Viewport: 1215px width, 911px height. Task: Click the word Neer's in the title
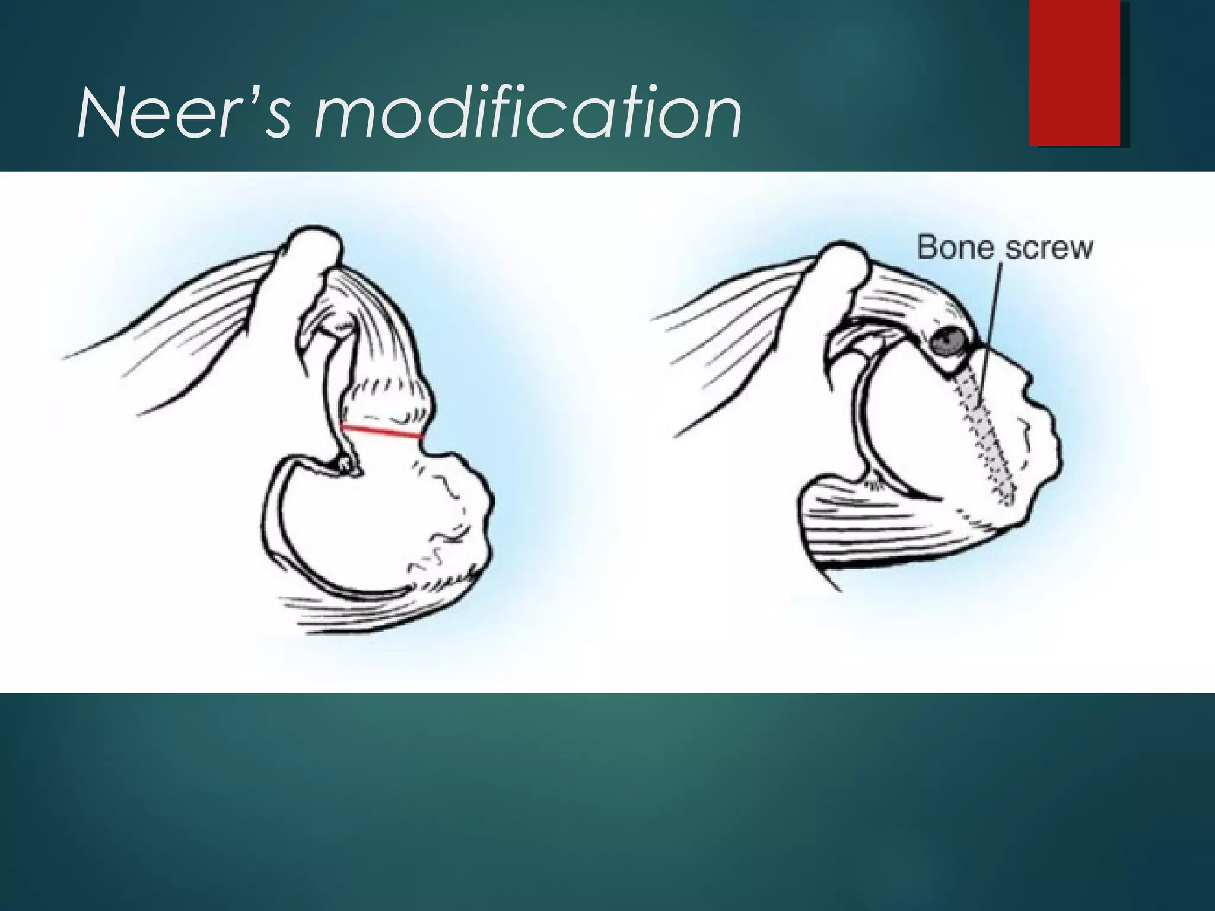point(184,113)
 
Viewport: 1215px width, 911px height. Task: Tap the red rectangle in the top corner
point(1074,73)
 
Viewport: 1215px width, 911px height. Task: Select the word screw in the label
point(1049,248)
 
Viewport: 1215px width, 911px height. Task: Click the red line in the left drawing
point(382,432)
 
